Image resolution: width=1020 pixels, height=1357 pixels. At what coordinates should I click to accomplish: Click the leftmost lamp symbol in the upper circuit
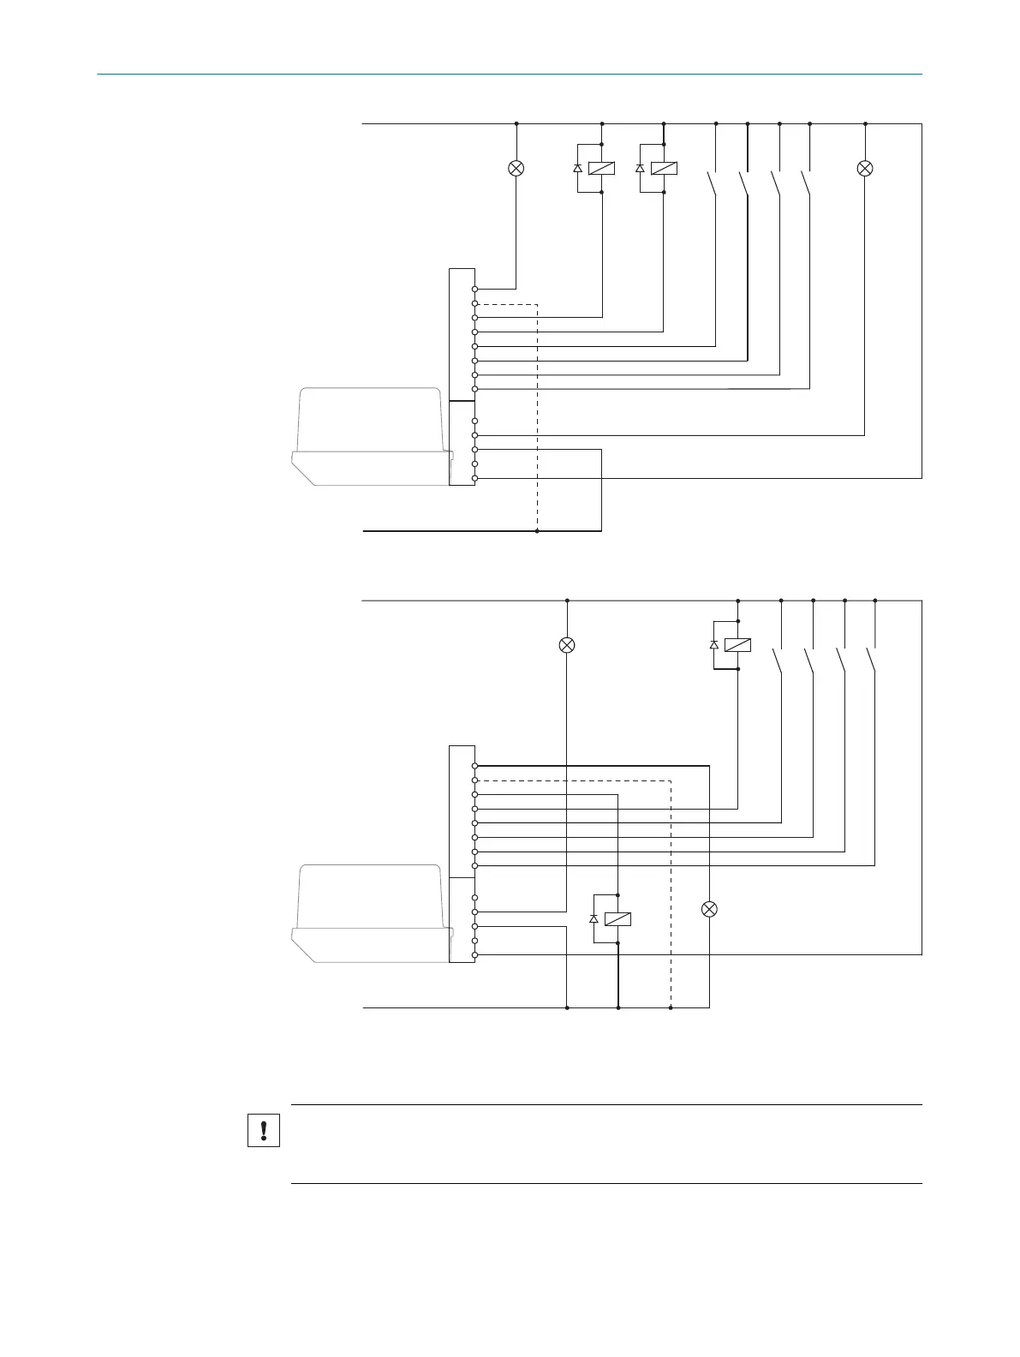(x=516, y=168)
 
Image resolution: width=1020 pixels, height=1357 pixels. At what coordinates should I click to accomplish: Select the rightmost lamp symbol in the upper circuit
(x=865, y=168)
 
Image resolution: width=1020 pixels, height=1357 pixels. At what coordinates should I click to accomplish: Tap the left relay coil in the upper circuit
(x=601, y=168)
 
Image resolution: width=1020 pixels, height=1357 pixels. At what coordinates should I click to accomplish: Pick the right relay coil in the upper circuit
(x=664, y=168)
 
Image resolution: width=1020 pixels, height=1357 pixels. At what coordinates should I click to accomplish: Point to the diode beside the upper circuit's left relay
(x=578, y=168)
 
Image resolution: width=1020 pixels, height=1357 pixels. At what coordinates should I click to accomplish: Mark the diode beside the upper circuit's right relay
(x=641, y=168)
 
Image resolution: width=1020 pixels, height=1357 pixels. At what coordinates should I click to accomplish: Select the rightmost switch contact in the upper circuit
(x=806, y=184)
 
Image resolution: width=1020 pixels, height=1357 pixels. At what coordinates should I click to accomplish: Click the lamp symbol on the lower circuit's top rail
(x=567, y=645)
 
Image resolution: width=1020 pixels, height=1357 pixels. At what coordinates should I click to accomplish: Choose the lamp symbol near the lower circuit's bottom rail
(x=709, y=909)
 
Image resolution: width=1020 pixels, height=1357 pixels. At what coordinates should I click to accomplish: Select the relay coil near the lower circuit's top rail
(x=737, y=645)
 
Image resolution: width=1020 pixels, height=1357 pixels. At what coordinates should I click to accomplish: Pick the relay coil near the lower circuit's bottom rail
(x=617, y=918)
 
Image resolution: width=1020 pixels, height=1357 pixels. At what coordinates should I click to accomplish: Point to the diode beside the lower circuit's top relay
(x=714, y=645)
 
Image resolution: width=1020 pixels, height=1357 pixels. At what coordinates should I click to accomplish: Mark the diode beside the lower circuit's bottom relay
(x=594, y=918)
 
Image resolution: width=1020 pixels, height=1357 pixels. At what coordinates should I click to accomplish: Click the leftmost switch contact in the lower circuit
(x=778, y=661)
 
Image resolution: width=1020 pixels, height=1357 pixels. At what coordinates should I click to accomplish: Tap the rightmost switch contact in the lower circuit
(x=871, y=661)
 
